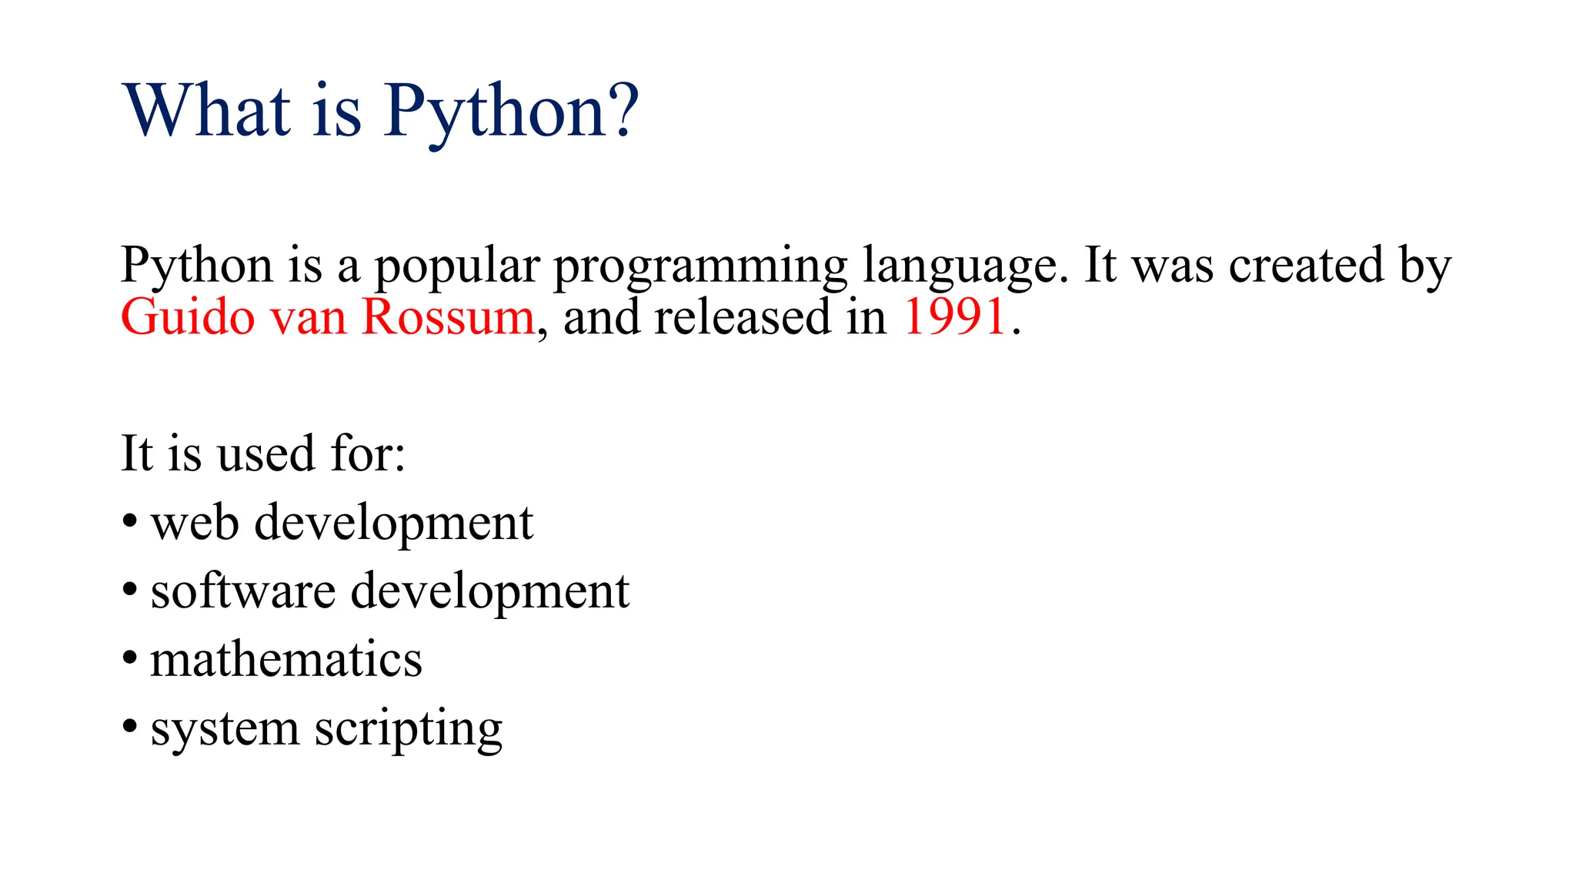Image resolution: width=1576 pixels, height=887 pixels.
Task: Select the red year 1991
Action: [x=954, y=316]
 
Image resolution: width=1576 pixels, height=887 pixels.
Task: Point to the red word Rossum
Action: [x=448, y=316]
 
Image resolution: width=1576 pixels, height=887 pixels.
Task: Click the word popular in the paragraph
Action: [x=457, y=266]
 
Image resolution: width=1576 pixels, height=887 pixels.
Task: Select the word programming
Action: [x=700, y=266]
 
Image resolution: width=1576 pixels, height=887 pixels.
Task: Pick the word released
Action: [x=743, y=316]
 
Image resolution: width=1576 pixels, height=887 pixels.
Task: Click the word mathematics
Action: [x=286, y=660]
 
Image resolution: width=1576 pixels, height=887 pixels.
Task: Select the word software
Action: [x=243, y=591]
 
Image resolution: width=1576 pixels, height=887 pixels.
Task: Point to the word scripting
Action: [x=408, y=730]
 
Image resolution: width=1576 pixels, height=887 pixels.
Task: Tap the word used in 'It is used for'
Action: [x=266, y=454]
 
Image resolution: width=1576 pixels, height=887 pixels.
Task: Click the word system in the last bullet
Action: [x=225, y=730]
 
